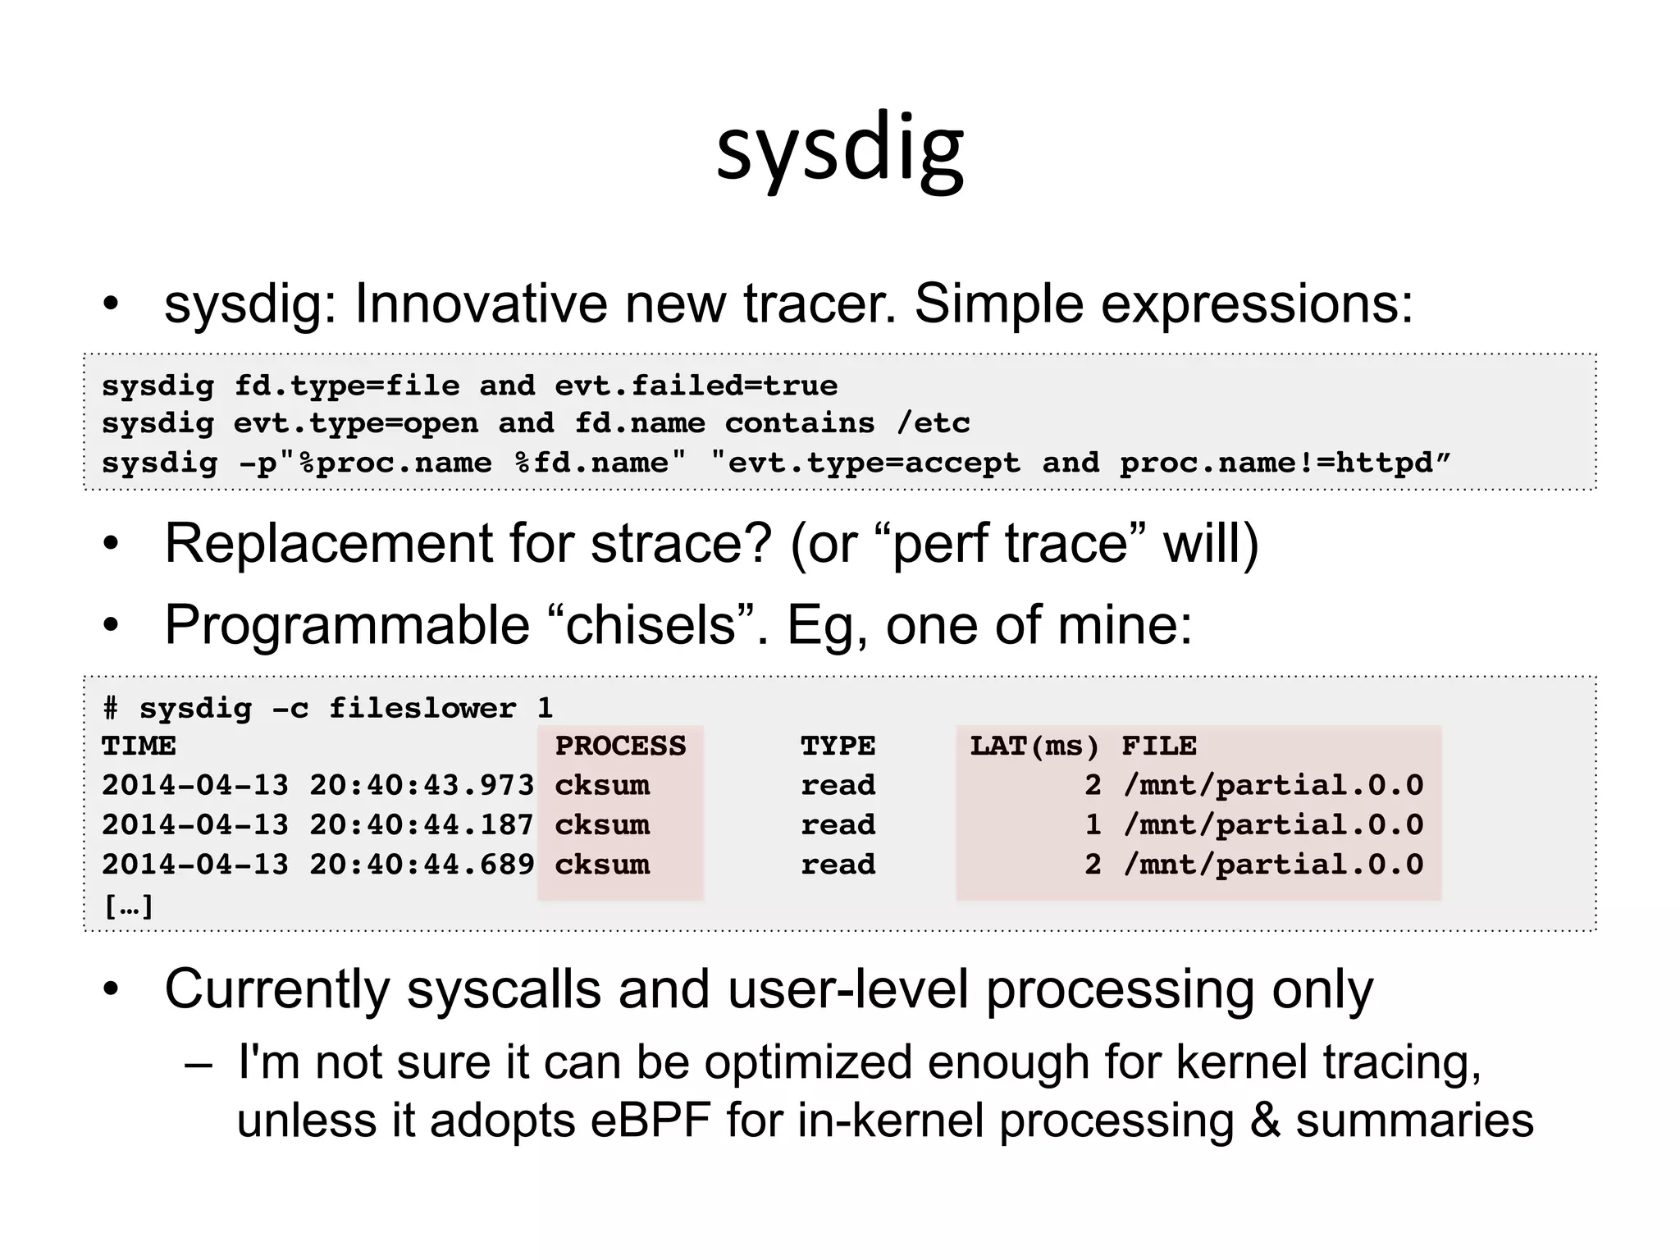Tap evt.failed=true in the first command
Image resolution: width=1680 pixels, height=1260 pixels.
(696, 386)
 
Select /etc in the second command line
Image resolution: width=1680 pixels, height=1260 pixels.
(933, 423)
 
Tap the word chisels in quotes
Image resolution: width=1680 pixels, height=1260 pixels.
(651, 626)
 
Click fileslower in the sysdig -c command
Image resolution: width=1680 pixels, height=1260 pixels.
(422, 708)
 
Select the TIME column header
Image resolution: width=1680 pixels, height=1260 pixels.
(139, 746)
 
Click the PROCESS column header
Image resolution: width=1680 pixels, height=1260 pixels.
(620, 746)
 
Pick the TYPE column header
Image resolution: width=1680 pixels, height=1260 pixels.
(838, 746)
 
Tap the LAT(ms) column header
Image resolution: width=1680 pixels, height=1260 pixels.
(1034, 746)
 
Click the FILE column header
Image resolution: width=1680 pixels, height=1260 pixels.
(1158, 746)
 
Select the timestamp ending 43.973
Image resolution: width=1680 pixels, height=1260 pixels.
(317, 786)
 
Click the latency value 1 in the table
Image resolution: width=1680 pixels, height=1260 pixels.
(1093, 825)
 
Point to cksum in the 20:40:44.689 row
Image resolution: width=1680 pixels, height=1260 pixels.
(602, 865)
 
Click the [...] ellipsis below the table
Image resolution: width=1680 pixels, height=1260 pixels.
(129, 906)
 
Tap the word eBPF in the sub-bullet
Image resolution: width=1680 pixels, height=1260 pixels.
(650, 1121)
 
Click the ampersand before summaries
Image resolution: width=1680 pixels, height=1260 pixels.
(1264, 1121)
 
